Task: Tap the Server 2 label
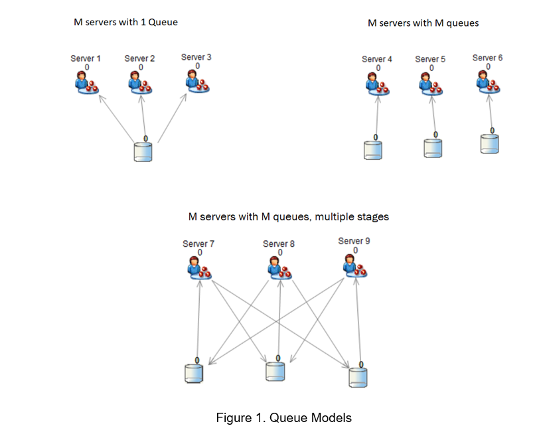coord(139,59)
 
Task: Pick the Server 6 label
coord(487,58)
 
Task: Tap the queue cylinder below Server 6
coord(490,143)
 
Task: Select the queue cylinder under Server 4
coord(374,149)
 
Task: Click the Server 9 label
coord(354,241)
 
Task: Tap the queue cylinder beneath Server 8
coord(275,371)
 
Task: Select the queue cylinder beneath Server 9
coord(358,376)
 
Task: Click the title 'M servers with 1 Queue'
coord(125,22)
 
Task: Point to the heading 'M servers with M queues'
coord(423,23)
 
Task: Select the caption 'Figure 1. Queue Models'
coord(283,417)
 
